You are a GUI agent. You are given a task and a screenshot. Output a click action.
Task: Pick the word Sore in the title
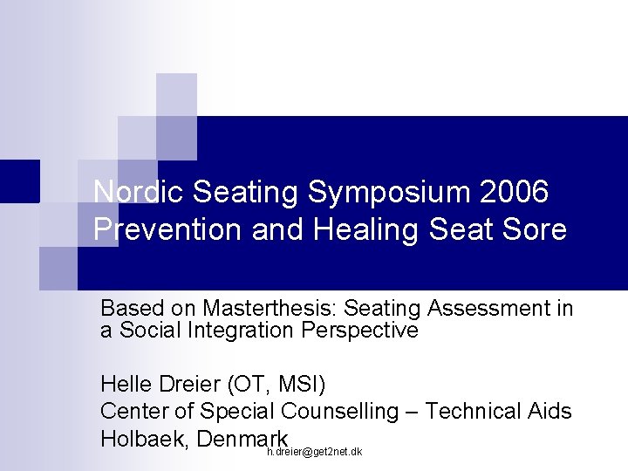coord(533,230)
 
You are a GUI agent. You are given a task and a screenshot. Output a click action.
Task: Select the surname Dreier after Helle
coord(189,385)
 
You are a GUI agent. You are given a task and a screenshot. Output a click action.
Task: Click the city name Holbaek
coord(145,439)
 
